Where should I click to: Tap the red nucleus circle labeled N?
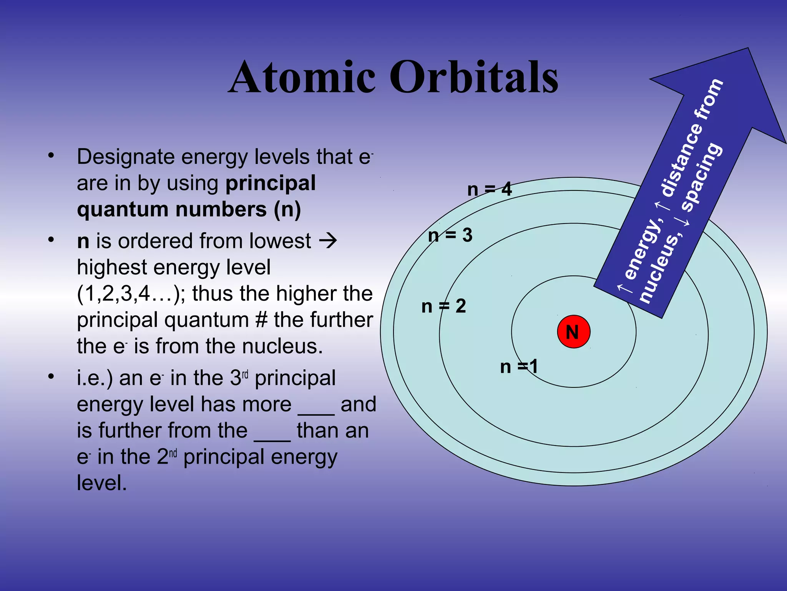click(x=573, y=332)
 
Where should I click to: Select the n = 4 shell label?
click(x=490, y=189)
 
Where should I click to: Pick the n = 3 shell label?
click(x=450, y=235)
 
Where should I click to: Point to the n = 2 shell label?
click(x=443, y=306)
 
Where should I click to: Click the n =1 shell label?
click(x=519, y=366)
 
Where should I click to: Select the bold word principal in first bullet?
click(x=271, y=183)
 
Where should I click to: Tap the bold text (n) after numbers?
click(x=287, y=209)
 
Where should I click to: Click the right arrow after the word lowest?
click(x=328, y=241)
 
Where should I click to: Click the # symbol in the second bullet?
click(x=261, y=320)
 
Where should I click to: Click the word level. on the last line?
click(x=101, y=483)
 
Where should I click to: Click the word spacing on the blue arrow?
click(x=702, y=177)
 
